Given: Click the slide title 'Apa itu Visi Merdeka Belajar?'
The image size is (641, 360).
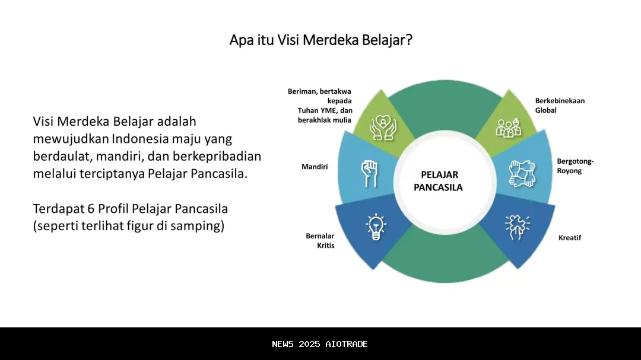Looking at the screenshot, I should (x=320, y=40).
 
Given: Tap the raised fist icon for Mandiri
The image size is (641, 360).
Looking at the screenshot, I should (x=369, y=173).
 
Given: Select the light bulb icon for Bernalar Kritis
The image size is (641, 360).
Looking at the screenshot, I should (x=375, y=227).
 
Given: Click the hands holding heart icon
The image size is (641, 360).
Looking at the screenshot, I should (x=383, y=127).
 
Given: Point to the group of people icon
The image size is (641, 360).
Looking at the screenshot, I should (x=508, y=127).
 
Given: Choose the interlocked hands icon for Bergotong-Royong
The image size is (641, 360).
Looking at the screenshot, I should (x=521, y=173).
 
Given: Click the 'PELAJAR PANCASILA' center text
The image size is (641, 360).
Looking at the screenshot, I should (x=439, y=181).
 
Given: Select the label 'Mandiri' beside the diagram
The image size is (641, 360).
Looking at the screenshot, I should (x=315, y=167).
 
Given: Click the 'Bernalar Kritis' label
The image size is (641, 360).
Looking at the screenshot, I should (x=320, y=240).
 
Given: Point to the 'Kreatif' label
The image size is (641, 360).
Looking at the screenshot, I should (x=569, y=238).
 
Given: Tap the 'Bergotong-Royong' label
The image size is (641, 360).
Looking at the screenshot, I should (x=575, y=166).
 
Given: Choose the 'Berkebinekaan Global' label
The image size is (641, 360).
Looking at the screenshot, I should (x=560, y=105).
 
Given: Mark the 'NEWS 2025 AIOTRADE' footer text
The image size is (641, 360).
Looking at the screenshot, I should (x=320, y=344).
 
